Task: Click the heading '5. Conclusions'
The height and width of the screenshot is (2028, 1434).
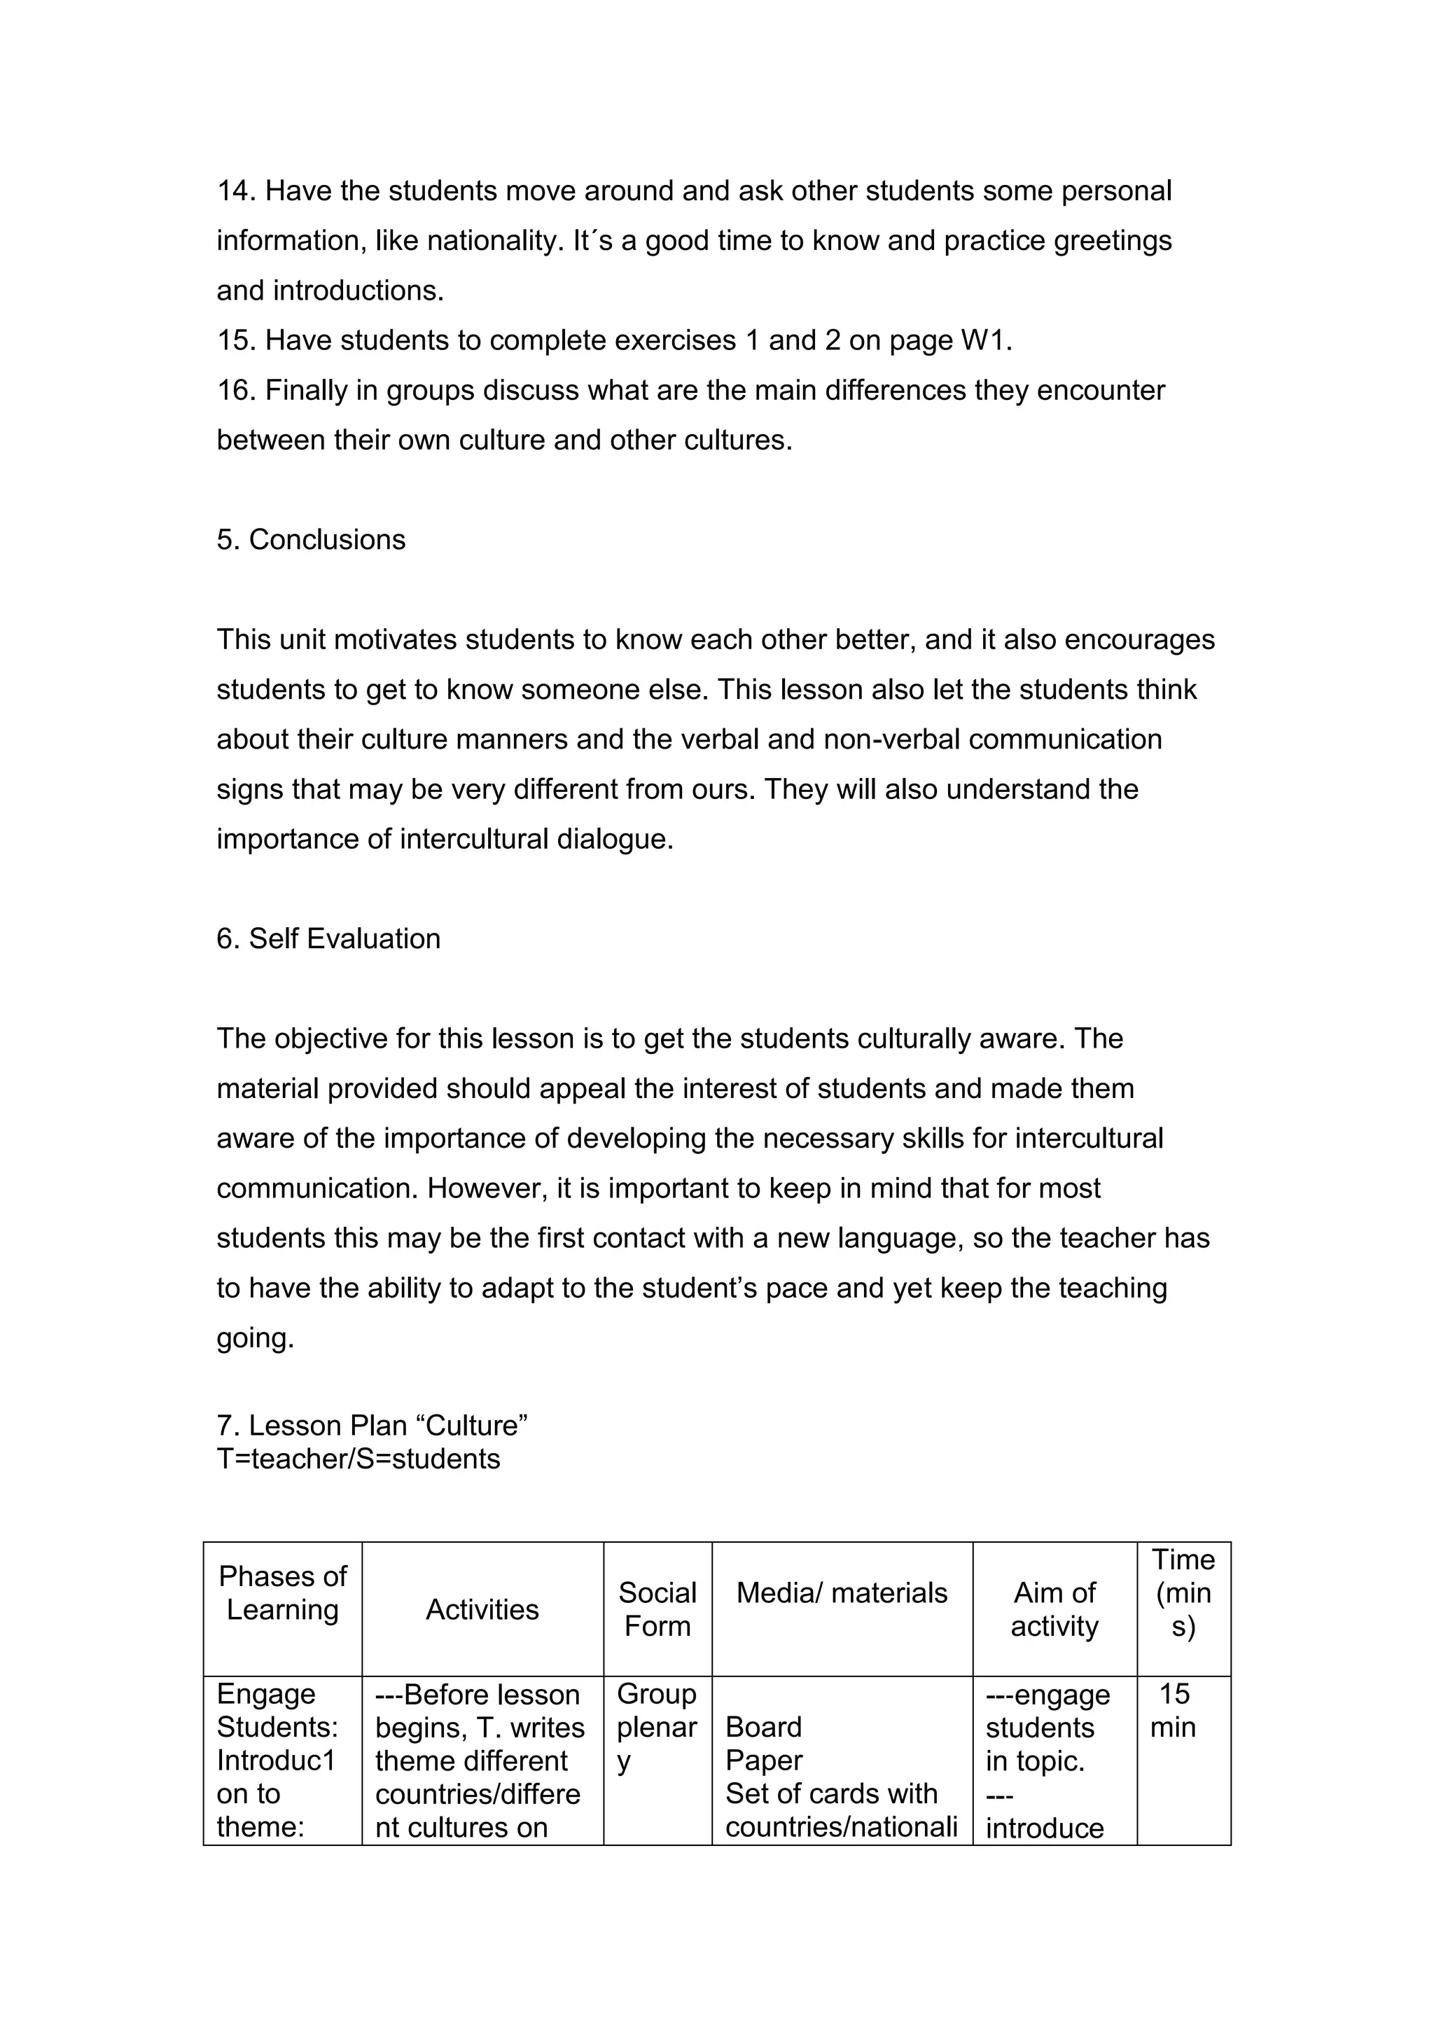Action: tap(311, 540)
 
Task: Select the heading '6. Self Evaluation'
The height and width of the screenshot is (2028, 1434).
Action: tap(328, 938)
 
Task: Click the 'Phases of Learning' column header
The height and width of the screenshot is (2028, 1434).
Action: tap(283, 1592)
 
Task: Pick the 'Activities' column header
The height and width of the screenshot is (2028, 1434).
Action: tap(482, 1609)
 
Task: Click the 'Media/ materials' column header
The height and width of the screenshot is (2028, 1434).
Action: tap(842, 1592)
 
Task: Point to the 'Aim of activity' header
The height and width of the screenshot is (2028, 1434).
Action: tap(1054, 1609)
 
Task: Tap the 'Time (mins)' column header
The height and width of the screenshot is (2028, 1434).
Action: tap(1183, 1592)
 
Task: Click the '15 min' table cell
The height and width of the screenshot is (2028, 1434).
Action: tap(1174, 1710)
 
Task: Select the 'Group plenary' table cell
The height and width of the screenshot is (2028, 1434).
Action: tap(656, 1727)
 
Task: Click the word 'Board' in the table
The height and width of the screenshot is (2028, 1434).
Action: tap(763, 1727)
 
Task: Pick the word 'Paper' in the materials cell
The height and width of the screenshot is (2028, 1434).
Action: tap(763, 1760)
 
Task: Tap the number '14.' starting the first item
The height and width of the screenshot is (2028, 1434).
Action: tap(237, 190)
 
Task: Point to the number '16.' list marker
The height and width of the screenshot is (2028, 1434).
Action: tap(237, 391)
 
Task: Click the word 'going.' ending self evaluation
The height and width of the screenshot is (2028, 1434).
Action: tap(255, 1338)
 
